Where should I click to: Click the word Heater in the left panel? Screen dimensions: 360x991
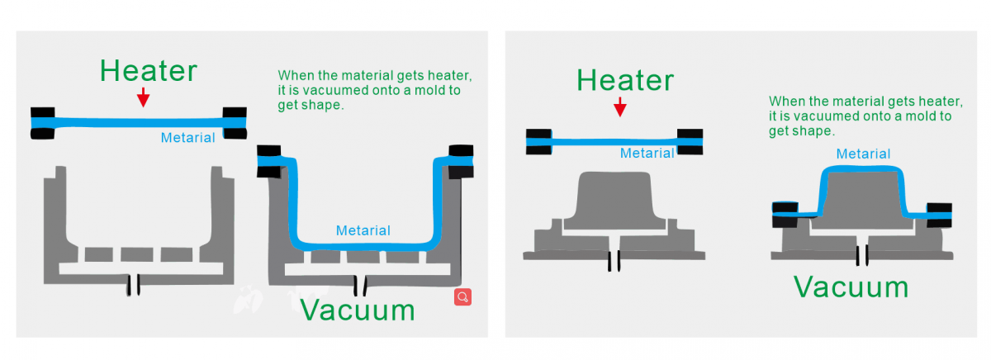click(x=149, y=71)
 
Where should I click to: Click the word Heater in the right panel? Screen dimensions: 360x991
click(x=625, y=81)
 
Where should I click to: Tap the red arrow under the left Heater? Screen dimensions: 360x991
click(x=144, y=97)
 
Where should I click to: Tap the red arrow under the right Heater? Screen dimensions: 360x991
click(x=620, y=106)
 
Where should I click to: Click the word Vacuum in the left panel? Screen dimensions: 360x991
click(x=357, y=310)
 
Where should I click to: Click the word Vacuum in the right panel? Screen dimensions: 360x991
click(x=851, y=287)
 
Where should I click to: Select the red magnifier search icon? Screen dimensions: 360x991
click(x=462, y=297)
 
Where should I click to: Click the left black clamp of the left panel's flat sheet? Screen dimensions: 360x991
click(x=43, y=122)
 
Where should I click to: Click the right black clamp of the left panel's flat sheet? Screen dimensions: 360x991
click(x=235, y=122)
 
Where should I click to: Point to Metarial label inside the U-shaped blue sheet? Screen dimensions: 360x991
click(x=363, y=230)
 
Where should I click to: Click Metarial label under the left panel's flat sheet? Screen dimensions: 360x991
click(x=187, y=138)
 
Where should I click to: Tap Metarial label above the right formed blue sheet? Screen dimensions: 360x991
click(x=863, y=154)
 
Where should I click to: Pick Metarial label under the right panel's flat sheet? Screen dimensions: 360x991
click(x=647, y=153)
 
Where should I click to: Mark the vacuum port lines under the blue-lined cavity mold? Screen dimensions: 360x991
click(x=360, y=285)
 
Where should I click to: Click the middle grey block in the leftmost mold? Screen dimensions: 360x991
click(x=137, y=253)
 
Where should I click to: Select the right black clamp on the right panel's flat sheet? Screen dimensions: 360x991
click(x=690, y=141)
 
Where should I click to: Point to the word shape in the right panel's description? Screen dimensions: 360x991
click(x=814, y=130)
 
